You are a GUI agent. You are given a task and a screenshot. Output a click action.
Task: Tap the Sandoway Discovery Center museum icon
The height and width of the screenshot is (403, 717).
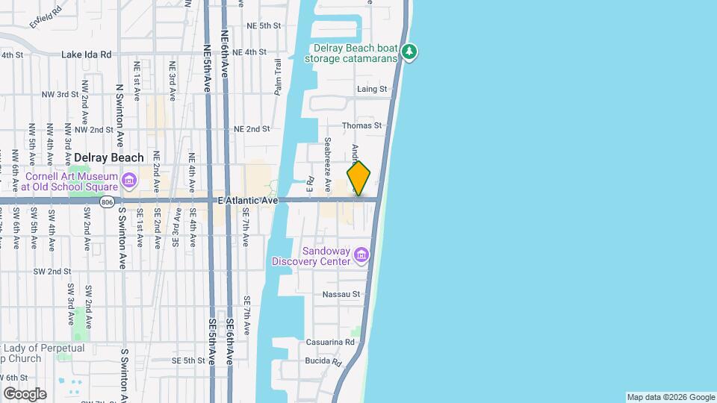(x=361, y=256)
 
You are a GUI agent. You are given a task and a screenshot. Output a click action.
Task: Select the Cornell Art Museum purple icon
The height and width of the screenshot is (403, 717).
(x=128, y=181)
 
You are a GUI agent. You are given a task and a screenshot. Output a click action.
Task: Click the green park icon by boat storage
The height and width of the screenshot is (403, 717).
(x=409, y=52)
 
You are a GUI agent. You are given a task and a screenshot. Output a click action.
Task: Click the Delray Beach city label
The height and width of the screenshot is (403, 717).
(x=109, y=157)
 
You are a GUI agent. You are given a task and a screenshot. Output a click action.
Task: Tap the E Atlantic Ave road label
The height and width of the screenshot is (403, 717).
(x=248, y=201)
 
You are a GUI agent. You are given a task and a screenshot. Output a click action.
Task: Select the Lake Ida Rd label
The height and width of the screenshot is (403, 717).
(x=86, y=54)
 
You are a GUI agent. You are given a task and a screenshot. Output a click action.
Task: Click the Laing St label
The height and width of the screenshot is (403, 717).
(x=372, y=89)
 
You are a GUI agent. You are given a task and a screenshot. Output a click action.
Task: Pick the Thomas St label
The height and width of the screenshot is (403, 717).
(x=361, y=126)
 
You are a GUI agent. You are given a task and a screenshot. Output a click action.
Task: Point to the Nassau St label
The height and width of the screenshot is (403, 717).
(x=341, y=295)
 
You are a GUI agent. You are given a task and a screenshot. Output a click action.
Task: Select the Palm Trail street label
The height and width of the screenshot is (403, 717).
(x=278, y=77)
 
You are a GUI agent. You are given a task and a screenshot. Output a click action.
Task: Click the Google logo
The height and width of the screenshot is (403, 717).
(x=25, y=393)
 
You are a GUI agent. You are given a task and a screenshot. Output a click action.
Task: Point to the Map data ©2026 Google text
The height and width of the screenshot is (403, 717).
(x=670, y=397)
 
